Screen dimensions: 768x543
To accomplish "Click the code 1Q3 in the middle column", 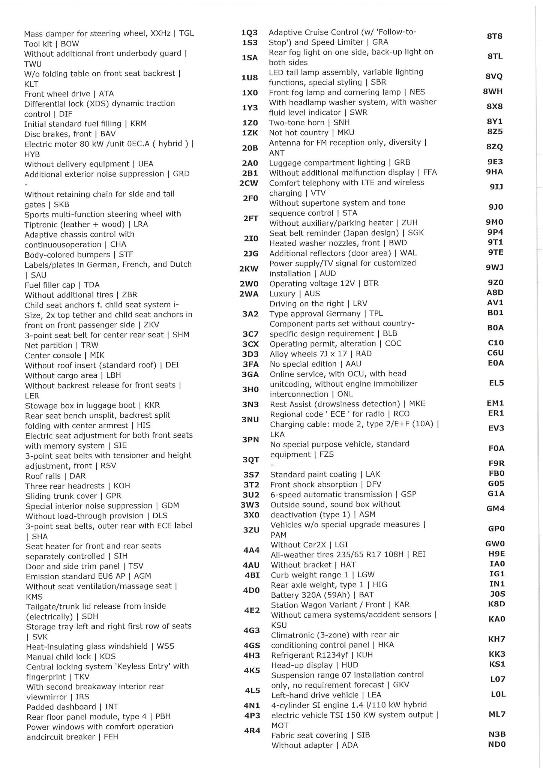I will [249, 33].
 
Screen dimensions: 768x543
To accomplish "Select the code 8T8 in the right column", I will [495, 36].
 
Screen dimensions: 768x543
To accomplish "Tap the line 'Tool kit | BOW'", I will [51, 43].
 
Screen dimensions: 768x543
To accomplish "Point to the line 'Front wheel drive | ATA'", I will [69, 94].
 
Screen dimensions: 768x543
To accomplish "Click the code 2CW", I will [249, 183].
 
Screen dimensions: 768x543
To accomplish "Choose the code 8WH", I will [493, 91].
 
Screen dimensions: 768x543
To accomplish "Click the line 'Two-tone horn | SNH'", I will [309, 123].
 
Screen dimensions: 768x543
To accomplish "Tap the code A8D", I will [495, 292].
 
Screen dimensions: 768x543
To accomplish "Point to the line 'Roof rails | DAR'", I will [55, 476].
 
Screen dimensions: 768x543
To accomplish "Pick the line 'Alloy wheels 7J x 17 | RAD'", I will [321, 354].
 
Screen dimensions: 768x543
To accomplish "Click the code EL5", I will [496, 383].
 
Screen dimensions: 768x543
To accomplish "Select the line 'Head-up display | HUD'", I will [315, 665].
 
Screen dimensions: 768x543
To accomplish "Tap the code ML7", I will [497, 714].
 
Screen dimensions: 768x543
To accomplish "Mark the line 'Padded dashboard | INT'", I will [72, 706].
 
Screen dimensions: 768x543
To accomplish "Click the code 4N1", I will [252, 705].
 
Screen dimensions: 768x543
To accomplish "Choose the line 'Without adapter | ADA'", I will [314, 745].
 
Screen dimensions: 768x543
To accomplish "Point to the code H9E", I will [496, 553].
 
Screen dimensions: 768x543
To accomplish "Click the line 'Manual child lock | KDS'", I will [71, 656].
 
